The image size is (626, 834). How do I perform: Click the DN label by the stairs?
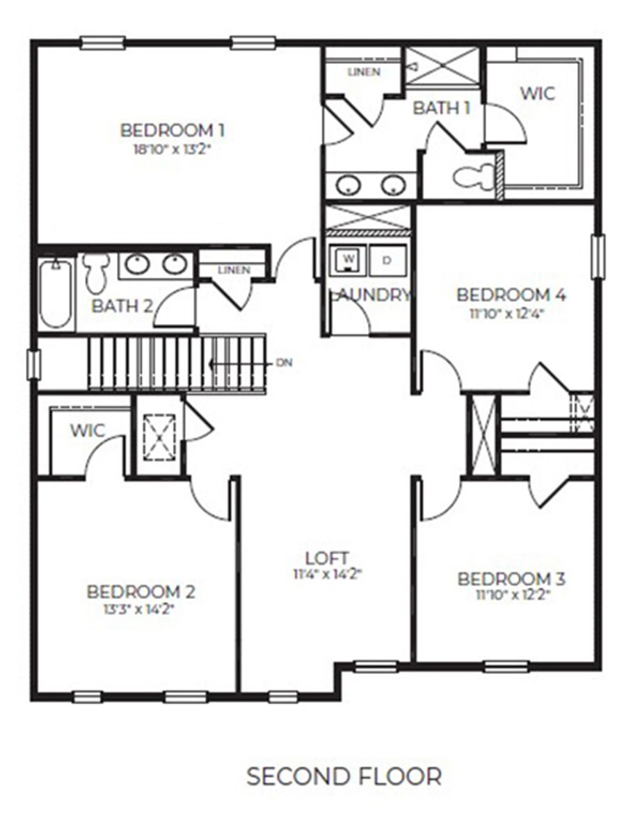point(284,362)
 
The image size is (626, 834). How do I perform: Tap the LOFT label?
point(326,557)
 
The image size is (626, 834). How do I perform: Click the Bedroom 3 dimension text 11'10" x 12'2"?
point(511,594)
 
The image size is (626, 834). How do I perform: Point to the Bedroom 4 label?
point(511,294)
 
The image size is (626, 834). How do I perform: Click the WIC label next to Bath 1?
point(538,92)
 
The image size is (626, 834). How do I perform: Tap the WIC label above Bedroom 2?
point(87,430)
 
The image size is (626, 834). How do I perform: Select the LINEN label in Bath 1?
point(363,72)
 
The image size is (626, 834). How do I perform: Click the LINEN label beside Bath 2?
point(233,270)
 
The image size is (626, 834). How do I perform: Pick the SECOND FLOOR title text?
point(344,776)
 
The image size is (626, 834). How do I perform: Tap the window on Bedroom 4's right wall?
point(597,256)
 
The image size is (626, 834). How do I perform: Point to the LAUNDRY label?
point(369,295)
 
